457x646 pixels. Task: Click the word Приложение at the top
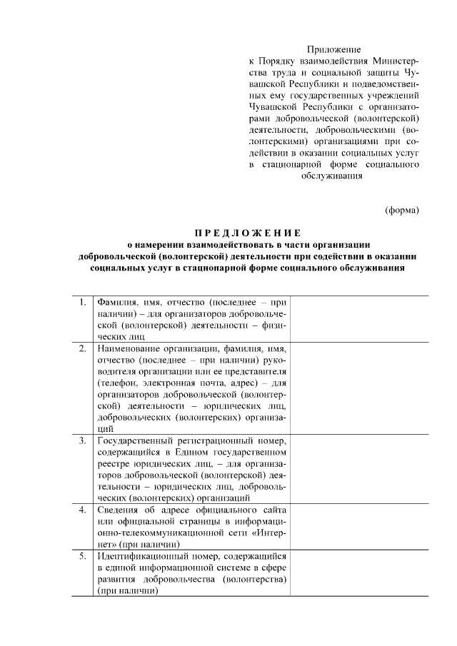pos(334,50)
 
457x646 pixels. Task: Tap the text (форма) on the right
pos(401,210)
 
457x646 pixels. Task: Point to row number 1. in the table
pos(84,301)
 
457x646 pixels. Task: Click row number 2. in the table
pos(84,348)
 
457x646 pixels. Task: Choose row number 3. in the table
pos(84,440)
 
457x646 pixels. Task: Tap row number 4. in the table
pos(84,510)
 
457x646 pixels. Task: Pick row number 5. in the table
pos(84,556)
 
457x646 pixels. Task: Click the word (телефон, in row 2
pos(118,383)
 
